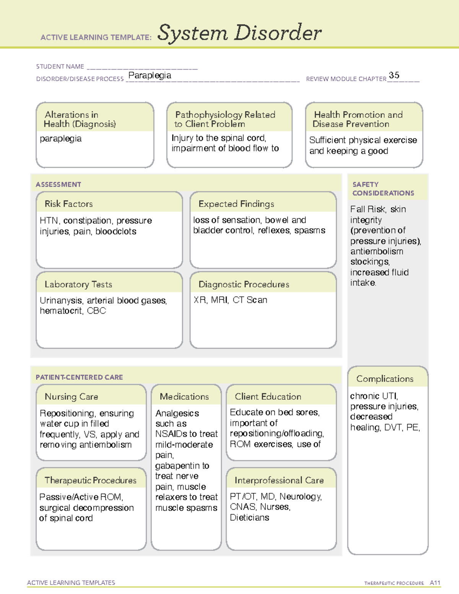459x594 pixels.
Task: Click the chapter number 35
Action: pyautogui.click(x=394, y=75)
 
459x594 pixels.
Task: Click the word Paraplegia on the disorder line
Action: pyautogui.click(x=150, y=75)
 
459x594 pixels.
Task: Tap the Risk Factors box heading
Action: pyautogui.click(x=69, y=204)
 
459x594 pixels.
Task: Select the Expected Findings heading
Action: pyautogui.click(x=236, y=204)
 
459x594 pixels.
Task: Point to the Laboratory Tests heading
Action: pyautogui.click(x=78, y=284)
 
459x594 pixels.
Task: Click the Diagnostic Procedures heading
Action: pyautogui.click(x=244, y=284)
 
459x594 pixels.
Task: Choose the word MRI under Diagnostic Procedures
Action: pyautogui.click(x=219, y=300)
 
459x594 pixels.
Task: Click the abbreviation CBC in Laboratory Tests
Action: pyautogui.click(x=96, y=311)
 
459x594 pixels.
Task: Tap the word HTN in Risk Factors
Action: pyautogui.click(x=49, y=221)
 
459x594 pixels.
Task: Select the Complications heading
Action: pyautogui.click(x=385, y=379)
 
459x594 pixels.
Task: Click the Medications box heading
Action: pyautogui.click(x=184, y=397)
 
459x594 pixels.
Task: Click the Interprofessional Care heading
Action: pyautogui.click(x=279, y=480)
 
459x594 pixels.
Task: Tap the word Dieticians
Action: pyautogui.click(x=249, y=518)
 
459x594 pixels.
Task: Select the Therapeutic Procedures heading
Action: pyautogui.click(x=90, y=480)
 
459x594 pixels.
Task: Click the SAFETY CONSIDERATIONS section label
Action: pyautogui.click(x=383, y=189)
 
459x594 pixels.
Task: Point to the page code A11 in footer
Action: pyautogui.click(x=435, y=583)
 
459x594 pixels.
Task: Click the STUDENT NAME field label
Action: pyautogui.click(x=60, y=67)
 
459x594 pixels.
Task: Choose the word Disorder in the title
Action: pyautogui.click(x=278, y=33)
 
